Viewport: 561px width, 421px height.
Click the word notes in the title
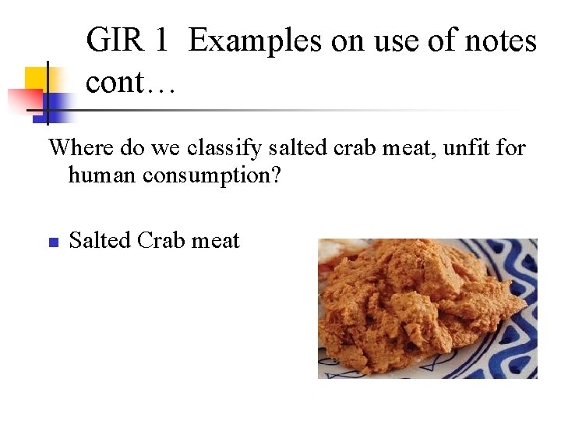click(499, 41)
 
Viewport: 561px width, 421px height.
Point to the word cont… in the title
click(131, 81)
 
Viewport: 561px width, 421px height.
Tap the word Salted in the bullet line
click(101, 240)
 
